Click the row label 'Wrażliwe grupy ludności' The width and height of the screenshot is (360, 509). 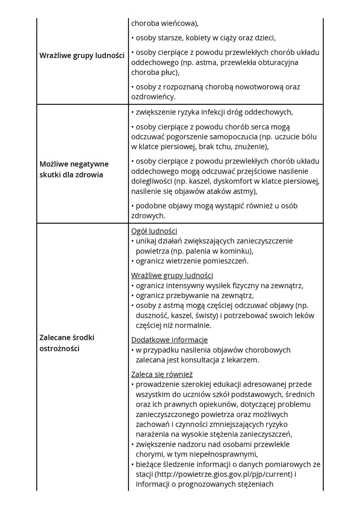[82, 56]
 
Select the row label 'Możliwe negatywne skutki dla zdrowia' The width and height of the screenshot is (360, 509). [74, 169]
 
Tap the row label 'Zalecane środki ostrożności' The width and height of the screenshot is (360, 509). [67, 343]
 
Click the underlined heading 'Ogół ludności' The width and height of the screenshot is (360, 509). [154, 231]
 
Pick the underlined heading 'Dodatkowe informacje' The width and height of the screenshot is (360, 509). [169, 340]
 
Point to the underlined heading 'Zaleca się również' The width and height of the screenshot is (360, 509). [162, 374]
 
